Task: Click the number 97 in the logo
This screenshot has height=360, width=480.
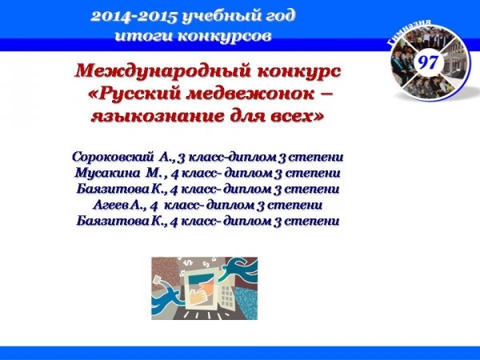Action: pos(428,62)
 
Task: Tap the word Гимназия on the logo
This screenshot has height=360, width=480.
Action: pos(409,32)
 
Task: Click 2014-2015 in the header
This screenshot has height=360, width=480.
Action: pos(134,17)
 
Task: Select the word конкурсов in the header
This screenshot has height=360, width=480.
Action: pos(224,36)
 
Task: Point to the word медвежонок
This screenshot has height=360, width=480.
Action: pos(250,94)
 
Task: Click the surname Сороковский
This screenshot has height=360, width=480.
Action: pos(113,157)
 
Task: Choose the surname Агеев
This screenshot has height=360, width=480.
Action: pos(111,205)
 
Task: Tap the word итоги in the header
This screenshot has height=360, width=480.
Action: pos(144,36)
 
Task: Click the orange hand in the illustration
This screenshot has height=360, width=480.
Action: pos(201,293)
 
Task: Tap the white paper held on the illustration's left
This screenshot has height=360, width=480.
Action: pos(158,280)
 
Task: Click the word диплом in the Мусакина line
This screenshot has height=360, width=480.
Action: pos(248,174)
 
